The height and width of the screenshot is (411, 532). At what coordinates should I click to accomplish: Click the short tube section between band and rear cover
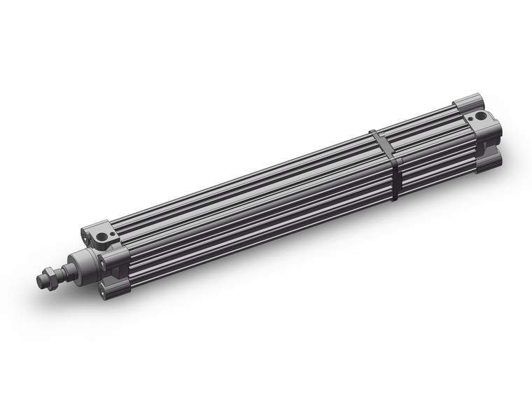[x=427, y=144]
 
